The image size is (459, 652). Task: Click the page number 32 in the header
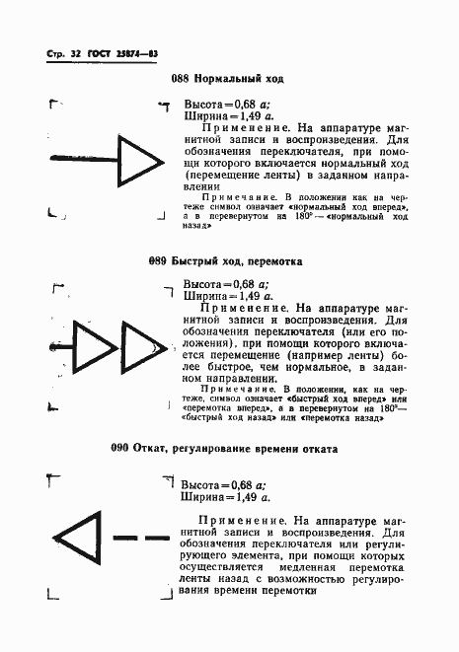pos(73,50)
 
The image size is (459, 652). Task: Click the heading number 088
pos(181,78)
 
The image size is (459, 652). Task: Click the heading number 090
pos(124,448)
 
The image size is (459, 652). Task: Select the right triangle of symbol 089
pos(139,349)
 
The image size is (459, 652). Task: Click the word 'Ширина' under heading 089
pos(203,294)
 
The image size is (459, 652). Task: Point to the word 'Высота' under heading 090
pos(202,484)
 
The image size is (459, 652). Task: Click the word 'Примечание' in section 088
pos(232,197)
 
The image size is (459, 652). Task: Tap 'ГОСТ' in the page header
pos(102,50)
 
